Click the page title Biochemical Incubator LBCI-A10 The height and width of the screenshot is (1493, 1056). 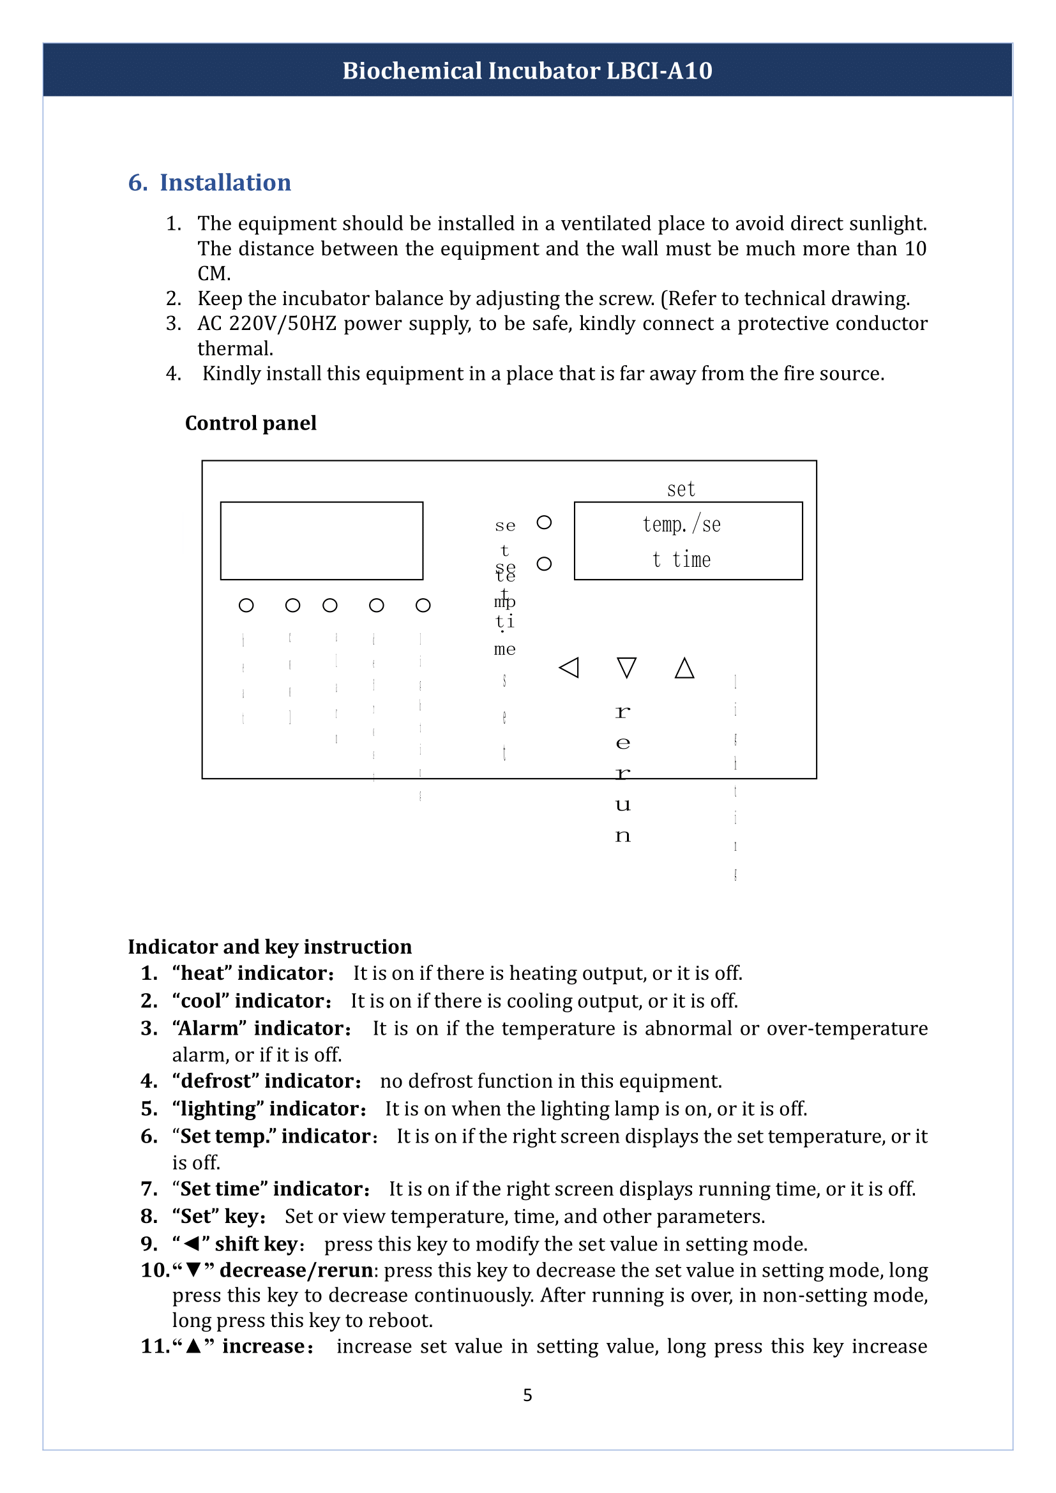click(527, 70)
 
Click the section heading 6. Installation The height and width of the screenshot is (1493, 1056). click(209, 183)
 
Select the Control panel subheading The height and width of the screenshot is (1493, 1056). click(250, 423)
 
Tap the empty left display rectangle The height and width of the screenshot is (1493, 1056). click(321, 541)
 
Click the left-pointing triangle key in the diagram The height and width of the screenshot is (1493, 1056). click(569, 667)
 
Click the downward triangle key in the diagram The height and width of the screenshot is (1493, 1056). click(626, 667)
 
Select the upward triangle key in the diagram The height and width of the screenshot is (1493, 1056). click(684, 667)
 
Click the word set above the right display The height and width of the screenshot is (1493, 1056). click(681, 489)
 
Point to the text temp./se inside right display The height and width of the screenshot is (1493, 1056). click(681, 524)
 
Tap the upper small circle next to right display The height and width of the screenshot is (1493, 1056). click(544, 522)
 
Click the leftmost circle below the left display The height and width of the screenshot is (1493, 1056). click(246, 605)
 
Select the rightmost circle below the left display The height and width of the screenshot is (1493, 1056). click(423, 605)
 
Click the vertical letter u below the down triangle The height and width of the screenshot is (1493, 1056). click(622, 806)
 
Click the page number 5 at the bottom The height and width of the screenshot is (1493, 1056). click(527, 1395)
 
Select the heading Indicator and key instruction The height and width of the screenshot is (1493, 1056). click(270, 947)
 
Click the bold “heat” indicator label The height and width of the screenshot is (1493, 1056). click(253, 973)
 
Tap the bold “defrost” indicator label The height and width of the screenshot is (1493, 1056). click(268, 1081)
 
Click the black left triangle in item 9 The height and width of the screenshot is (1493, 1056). click(191, 1244)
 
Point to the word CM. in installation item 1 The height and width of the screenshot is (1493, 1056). click(214, 274)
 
